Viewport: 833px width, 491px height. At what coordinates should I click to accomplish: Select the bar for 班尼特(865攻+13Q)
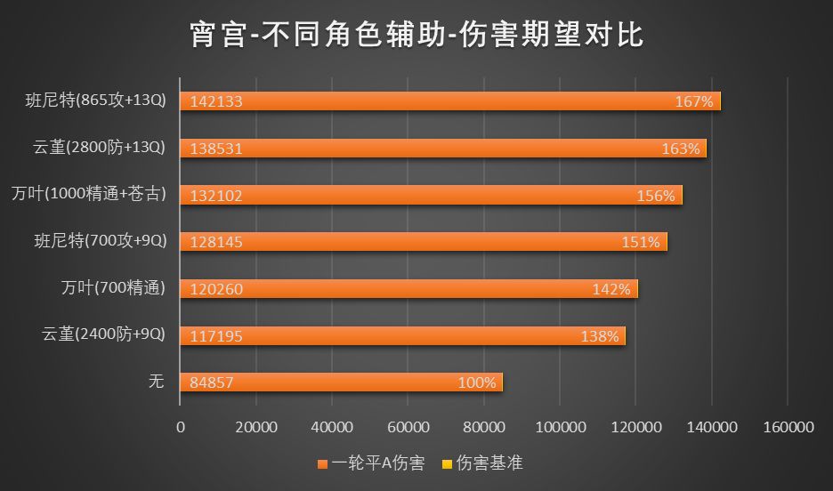pyautogui.click(x=449, y=101)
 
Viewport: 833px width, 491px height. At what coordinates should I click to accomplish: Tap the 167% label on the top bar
pyautogui.click(x=694, y=102)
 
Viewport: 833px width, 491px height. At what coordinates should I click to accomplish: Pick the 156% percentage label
pyautogui.click(x=656, y=196)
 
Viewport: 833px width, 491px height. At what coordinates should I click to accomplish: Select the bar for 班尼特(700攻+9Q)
pyautogui.click(x=423, y=242)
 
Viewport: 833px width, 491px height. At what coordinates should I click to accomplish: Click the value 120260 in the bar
pyautogui.click(x=216, y=289)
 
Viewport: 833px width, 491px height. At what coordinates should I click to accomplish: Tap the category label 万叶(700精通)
pyautogui.click(x=113, y=287)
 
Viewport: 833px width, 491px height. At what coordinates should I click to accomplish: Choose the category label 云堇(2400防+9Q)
pyautogui.click(x=104, y=334)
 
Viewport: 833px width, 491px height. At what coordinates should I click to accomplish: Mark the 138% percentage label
pyautogui.click(x=599, y=336)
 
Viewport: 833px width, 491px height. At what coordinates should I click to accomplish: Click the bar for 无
pyautogui.click(x=341, y=382)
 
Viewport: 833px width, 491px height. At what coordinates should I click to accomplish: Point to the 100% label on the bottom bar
pyautogui.click(x=476, y=383)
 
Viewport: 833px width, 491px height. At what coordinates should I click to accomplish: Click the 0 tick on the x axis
pyautogui.click(x=181, y=428)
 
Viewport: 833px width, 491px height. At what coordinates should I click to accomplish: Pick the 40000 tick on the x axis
pyautogui.click(x=333, y=428)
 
